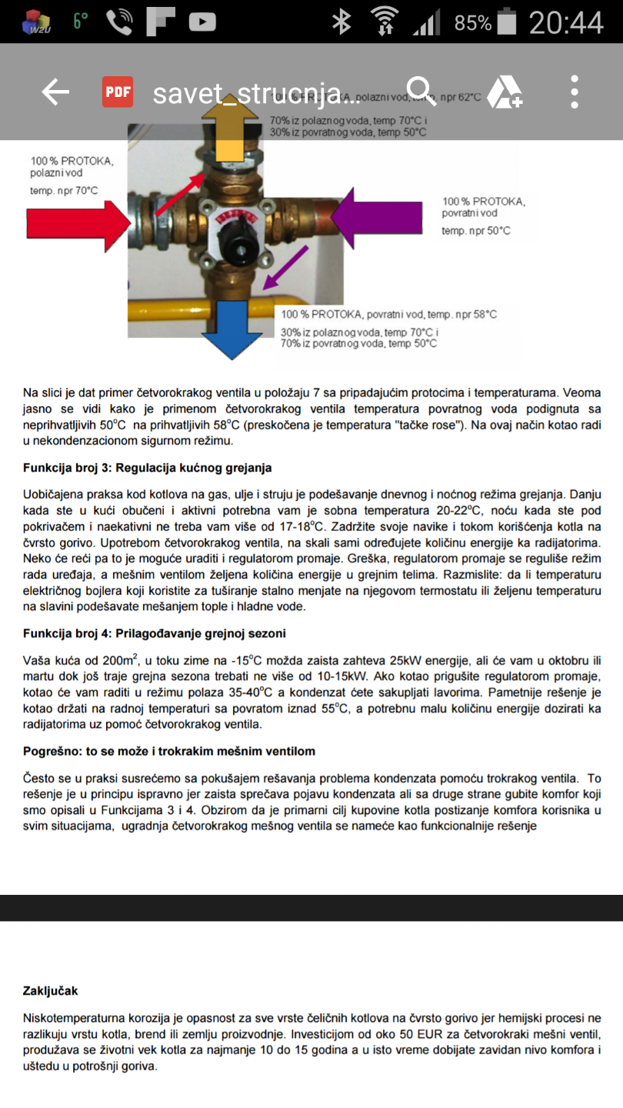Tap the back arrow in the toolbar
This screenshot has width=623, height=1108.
coord(55,92)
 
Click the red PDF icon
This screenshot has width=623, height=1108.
coord(118,92)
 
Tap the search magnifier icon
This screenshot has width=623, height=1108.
coord(421,92)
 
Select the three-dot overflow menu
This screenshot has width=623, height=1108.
coord(575,92)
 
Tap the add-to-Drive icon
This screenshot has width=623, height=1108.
coord(505,92)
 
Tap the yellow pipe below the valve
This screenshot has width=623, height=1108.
coord(162,312)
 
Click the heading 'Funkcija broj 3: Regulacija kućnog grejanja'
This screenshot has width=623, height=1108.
coord(147,468)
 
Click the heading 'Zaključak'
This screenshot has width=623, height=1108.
coord(51,990)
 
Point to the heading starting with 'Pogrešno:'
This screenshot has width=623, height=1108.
coord(169,751)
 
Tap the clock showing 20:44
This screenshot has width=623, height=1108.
coord(566,22)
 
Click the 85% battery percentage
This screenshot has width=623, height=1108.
coord(472,23)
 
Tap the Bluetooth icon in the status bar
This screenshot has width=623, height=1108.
coord(341,22)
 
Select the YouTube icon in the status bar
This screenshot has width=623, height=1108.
coord(202,22)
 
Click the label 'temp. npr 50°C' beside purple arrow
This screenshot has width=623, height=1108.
coord(476,231)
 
